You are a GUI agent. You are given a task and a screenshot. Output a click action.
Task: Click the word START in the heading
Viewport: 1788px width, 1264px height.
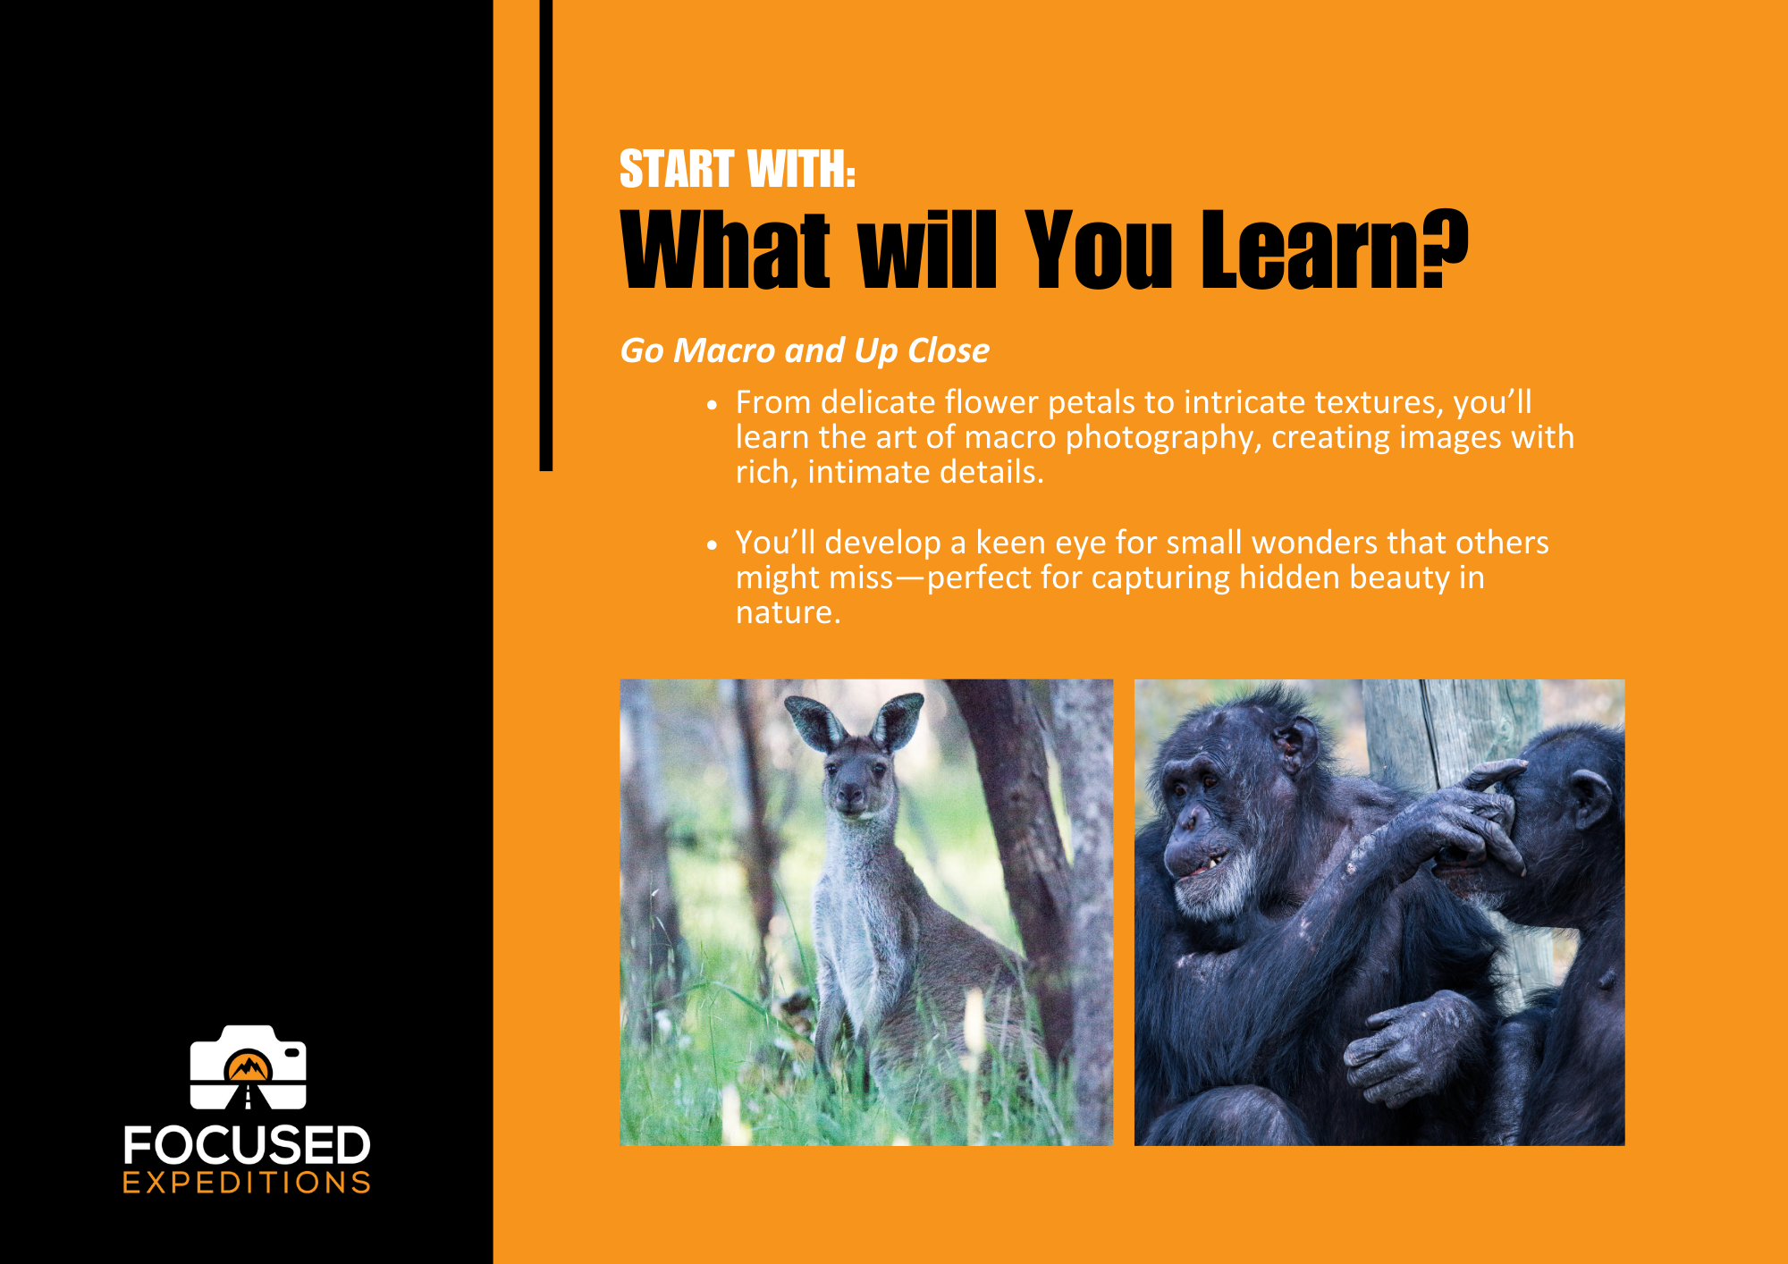[x=677, y=169]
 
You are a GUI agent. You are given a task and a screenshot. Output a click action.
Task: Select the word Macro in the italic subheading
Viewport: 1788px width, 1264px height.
[x=724, y=350]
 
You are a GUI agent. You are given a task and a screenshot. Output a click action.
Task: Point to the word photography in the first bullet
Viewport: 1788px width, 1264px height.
[x=1163, y=438]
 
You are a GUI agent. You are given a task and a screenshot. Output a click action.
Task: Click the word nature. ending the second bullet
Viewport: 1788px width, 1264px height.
[x=788, y=613]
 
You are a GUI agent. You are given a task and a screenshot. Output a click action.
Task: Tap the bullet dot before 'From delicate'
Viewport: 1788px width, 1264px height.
[x=712, y=405]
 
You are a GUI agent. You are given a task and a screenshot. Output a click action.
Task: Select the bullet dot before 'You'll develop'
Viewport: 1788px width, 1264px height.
[x=712, y=544]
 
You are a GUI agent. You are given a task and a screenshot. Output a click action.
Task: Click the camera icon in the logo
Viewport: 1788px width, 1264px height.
[x=248, y=1066]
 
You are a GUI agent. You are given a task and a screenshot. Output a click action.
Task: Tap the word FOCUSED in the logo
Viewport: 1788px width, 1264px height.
[x=247, y=1145]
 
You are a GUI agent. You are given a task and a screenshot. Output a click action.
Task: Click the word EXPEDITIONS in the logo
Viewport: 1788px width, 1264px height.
[x=247, y=1183]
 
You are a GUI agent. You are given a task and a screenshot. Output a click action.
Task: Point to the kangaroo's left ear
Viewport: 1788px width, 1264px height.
[x=813, y=722]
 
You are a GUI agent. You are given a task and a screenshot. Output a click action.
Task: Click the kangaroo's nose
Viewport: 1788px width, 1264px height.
[x=850, y=794]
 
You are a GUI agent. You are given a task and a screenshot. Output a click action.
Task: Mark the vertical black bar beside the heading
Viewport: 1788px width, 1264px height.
[x=546, y=235]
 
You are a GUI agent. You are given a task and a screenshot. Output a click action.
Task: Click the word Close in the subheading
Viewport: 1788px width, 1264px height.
[x=949, y=350]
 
